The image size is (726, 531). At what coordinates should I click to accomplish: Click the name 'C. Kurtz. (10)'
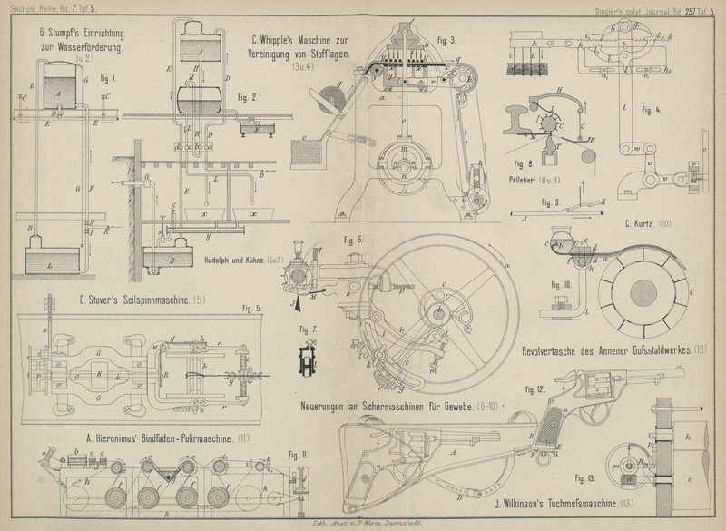click(647, 223)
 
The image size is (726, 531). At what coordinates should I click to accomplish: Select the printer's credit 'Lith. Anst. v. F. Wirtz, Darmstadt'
click(364, 524)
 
